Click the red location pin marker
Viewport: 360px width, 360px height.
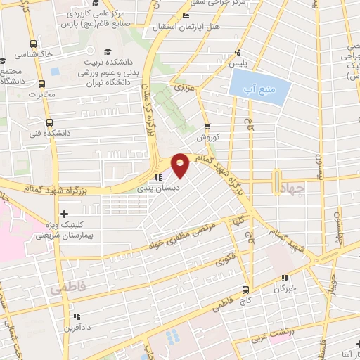(181, 165)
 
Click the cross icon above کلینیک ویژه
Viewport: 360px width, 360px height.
(65, 213)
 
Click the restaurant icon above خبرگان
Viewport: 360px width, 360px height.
(285, 278)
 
